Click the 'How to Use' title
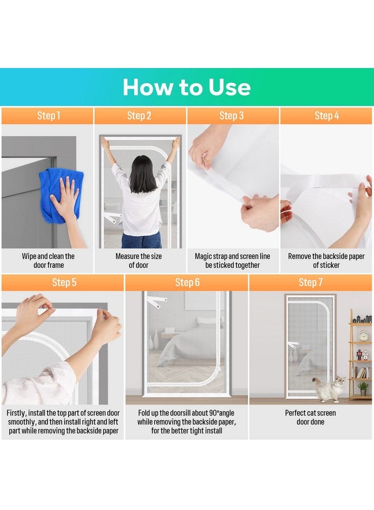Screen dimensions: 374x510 click(x=186, y=87)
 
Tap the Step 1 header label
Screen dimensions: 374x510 click(x=49, y=116)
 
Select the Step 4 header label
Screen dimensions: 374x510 click(x=326, y=116)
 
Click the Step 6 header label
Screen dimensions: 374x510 click(x=188, y=282)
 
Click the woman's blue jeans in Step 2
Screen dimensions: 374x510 click(x=141, y=240)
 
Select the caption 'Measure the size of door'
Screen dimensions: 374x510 click(x=138, y=261)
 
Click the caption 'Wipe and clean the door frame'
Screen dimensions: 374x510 click(x=48, y=261)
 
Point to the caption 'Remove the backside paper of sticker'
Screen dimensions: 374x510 click(x=326, y=261)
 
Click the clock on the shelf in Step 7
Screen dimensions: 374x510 click(x=364, y=335)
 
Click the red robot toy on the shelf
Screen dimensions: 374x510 click(x=359, y=355)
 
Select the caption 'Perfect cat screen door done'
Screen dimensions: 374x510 click(x=311, y=417)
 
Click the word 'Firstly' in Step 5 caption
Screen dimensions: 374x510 click(x=16, y=413)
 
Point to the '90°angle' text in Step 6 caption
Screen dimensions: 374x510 click(x=221, y=413)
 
